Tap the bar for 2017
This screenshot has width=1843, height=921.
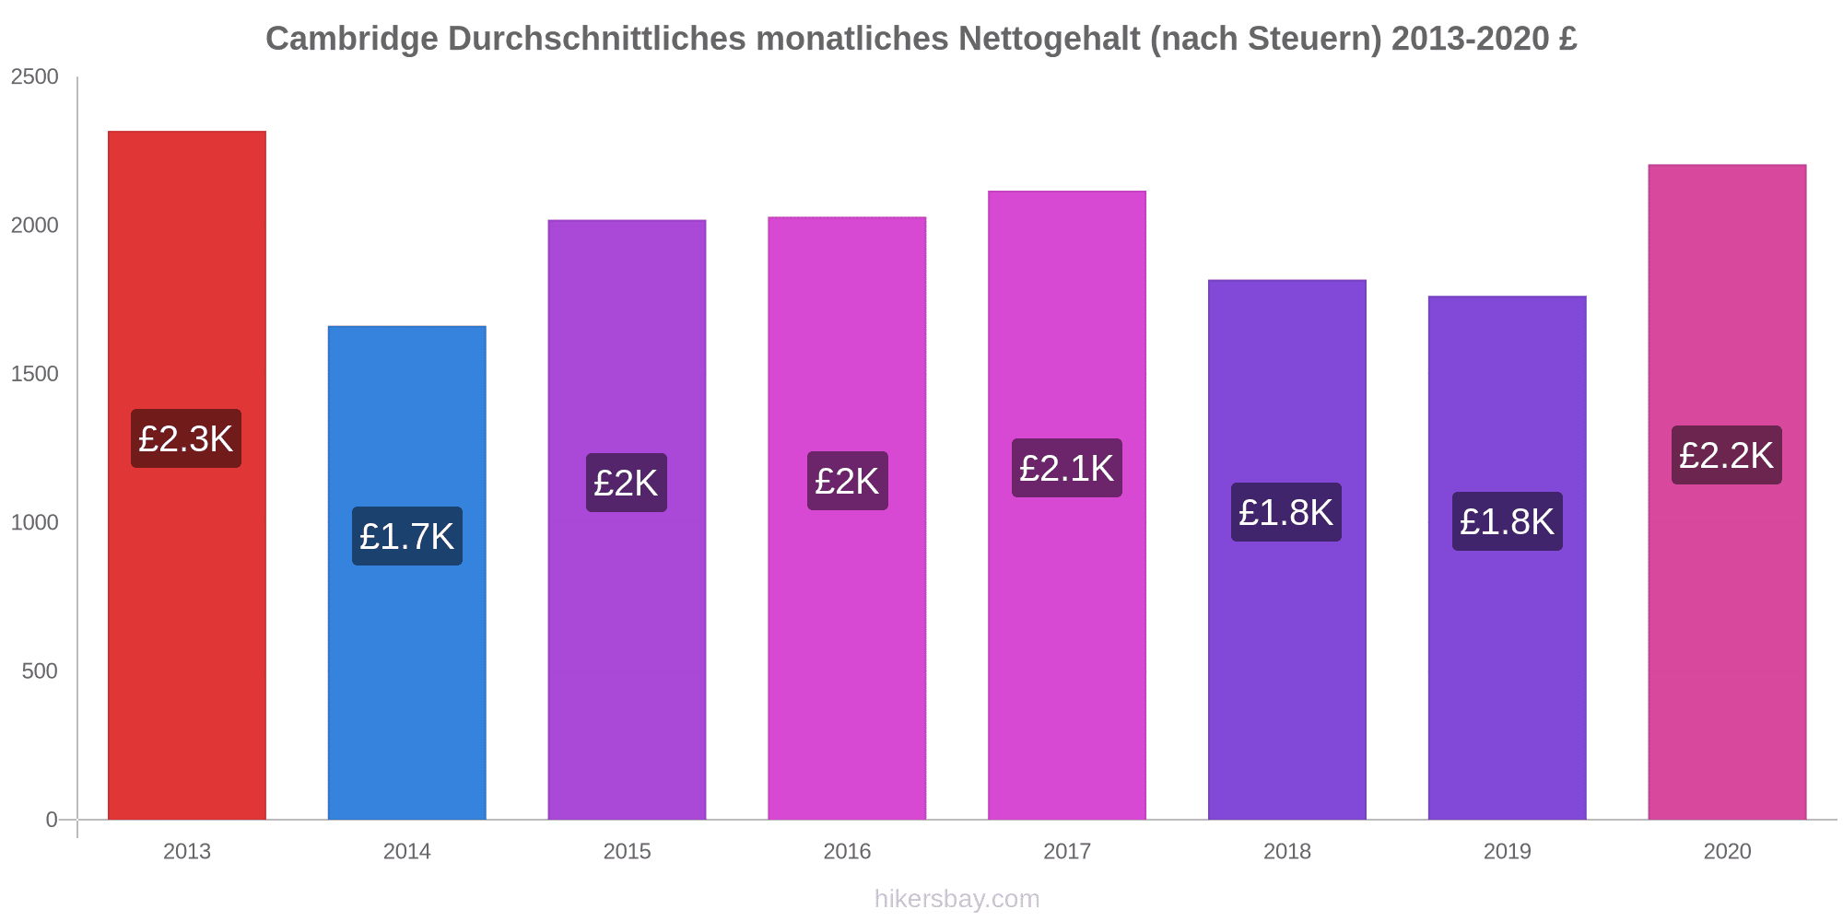[x=1066, y=645]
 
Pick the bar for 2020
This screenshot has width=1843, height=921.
[x=1727, y=645]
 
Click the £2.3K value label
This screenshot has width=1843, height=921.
[x=186, y=438]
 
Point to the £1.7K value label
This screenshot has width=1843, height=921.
[x=406, y=536]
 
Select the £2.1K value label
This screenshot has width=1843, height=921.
[x=1066, y=468]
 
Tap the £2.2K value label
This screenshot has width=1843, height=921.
[x=1726, y=455]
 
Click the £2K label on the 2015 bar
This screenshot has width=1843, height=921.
[x=626, y=483]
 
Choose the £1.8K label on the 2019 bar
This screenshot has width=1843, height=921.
[x=1507, y=521]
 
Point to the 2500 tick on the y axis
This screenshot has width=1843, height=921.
[x=35, y=77]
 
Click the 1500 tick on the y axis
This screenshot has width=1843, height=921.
[x=35, y=374]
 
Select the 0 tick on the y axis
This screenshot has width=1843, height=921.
[x=52, y=820]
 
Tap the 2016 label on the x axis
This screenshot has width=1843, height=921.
[x=847, y=852]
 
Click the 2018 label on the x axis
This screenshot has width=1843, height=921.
[x=1286, y=852]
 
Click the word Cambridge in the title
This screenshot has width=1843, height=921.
[x=351, y=39]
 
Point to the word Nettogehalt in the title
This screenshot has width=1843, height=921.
[x=1049, y=39]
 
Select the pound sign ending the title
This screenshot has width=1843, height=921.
[x=1567, y=39]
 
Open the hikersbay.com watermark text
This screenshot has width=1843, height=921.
[x=957, y=899]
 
